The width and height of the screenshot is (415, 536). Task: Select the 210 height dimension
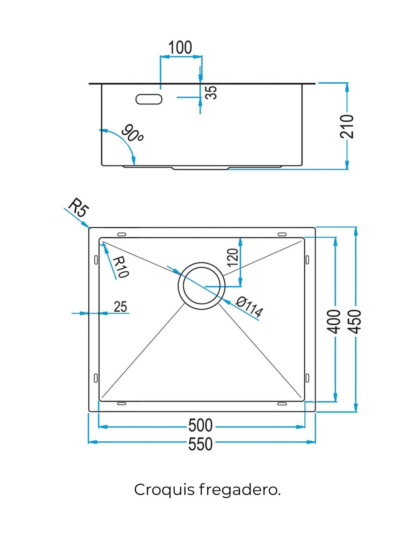[x=347, y=126]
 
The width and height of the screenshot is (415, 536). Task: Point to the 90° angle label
[x=132, y=133]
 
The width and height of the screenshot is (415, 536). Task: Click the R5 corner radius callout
[x=78, y=208]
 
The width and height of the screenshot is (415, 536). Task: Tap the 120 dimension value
[x=233, y=258]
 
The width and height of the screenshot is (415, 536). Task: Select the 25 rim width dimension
[x=120, y=306]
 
